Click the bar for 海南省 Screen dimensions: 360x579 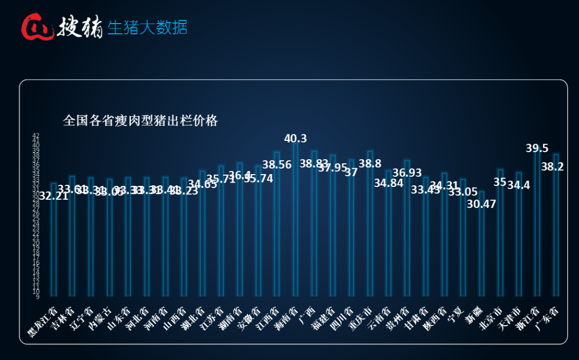[x=295, y=220]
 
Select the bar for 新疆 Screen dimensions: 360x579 [x=481, y=244]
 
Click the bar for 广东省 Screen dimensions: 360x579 [x=556, y=225]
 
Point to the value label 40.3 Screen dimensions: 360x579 [x=295, y=138]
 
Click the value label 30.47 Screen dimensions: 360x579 [x=481, y=204]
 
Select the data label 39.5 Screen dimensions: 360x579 [x=537, y=148]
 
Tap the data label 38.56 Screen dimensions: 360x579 [x=277, y=165]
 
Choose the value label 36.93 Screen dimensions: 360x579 [x=407, y=172]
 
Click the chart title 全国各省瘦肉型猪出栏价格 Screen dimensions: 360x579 [x=140, y=121]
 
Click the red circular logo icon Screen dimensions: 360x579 [x=36, y=27]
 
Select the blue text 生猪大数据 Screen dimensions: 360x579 [x=147, y=27]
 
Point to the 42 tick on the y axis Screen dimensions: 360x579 [x=36, y=136]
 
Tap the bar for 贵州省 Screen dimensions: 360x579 [x=407, y=228]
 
